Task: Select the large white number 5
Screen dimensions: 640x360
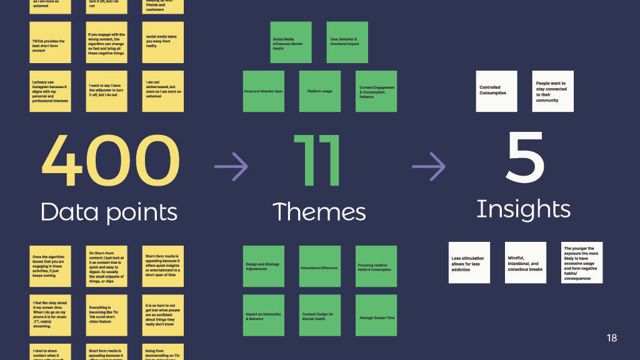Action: [x=525, y=159]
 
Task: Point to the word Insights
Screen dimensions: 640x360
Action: [x=523, y=209]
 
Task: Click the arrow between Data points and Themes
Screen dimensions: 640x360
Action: [x=231, y=166]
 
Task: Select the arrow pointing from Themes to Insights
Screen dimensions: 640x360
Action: [x=429, y=166]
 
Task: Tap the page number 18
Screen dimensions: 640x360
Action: [x=611, y=338]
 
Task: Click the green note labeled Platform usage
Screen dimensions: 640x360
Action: [x=319, y=91]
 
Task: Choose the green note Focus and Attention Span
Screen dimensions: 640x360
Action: [x=263, y=91]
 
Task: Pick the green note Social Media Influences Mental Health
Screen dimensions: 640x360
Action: [x=291, y=42]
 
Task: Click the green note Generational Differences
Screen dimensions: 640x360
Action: [x=319, y=267]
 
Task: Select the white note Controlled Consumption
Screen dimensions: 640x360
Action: [x=496, y=91]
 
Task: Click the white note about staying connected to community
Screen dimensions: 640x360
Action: [x=552, y=91]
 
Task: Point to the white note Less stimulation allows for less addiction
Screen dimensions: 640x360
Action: [x=469, y=263]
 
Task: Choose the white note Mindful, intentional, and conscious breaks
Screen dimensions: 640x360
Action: [x=526, y=263]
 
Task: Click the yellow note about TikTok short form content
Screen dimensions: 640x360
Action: [x=50, y=43]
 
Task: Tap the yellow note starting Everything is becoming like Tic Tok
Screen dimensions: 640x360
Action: [x=107, y=315]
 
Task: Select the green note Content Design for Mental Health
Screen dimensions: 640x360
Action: [x=319, y=316]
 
